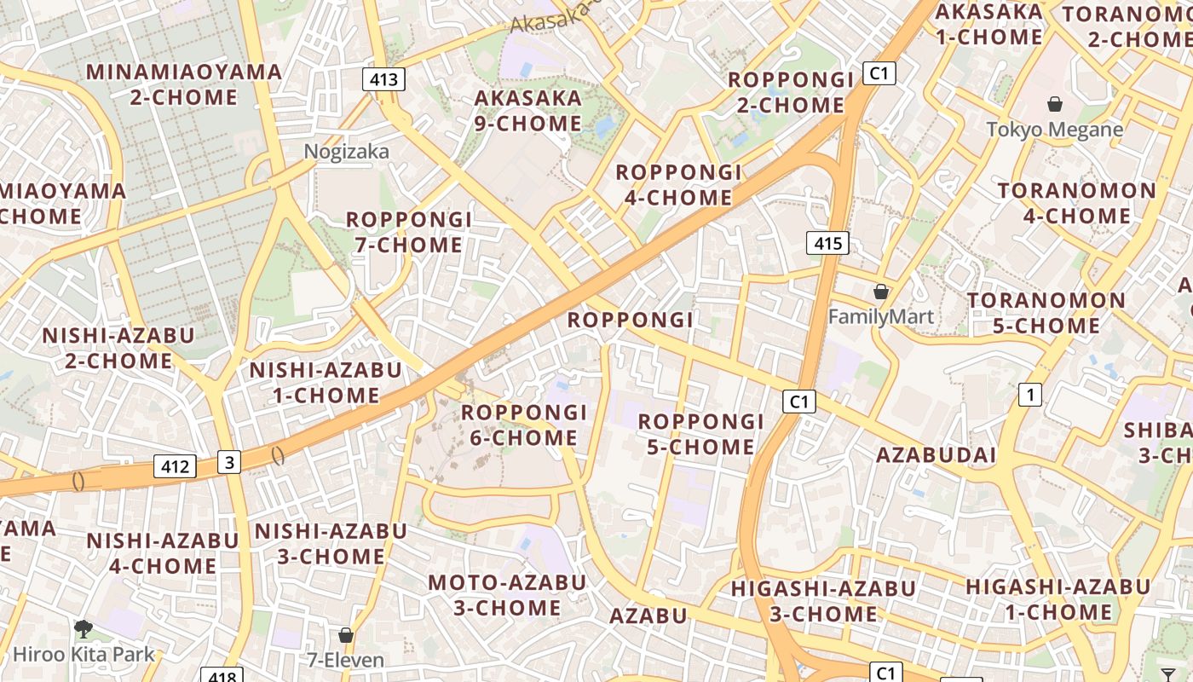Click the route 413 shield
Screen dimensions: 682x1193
pos(383,79)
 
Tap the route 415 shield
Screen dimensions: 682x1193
pos(827,244)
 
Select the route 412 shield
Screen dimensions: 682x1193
pos(175,466)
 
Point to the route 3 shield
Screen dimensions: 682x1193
pos(228,462)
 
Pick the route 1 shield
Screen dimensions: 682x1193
pos(1030,395)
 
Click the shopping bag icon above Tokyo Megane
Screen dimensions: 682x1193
pos(1055,104)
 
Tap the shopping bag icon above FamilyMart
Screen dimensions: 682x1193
pos(881,292)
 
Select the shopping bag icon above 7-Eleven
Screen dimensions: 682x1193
pos(346,635)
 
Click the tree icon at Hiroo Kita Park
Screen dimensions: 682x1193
pos(84,629)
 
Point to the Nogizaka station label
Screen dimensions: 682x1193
pos(347,152)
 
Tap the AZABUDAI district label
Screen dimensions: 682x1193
pos(936,454)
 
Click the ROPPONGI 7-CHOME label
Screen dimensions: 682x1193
pos(409,232)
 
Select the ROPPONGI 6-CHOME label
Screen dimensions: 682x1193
pos(524,425)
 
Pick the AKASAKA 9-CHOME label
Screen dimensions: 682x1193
pos(528,111)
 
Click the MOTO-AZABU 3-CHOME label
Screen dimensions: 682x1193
pos(507,595)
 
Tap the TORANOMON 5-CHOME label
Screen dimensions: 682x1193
pos(1046,313)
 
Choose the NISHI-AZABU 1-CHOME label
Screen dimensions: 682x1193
pos(326,383)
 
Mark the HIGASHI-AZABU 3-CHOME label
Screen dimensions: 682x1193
pos(823,600)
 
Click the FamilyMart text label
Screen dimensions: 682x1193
pos(881,317)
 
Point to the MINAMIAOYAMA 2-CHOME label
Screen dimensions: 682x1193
pos(184,84)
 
